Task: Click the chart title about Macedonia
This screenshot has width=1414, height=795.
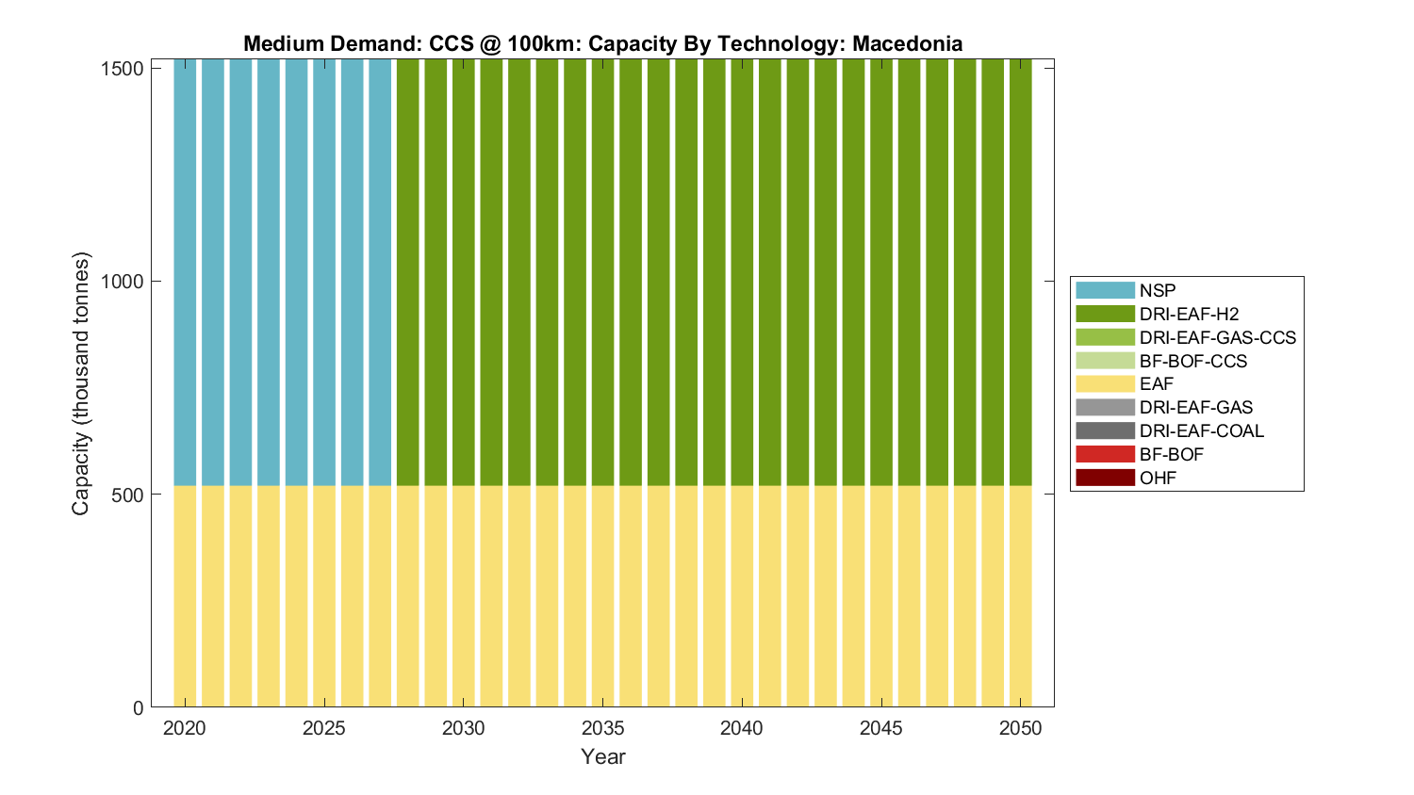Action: pyautogui.click(x=602, y=43)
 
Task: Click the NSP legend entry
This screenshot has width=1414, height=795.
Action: pyautogui.click(x=1157, y=290)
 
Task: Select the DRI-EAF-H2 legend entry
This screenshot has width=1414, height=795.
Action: pyautogui.click(x=1188, y=314)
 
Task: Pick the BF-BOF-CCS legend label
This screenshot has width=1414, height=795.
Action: pyautogui.click(x=1192, y=361)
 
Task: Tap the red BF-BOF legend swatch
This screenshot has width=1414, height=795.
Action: pyautogui.click(x=1105, y=454)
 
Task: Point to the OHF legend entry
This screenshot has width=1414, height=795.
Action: pyautogui.click(x=1158, y=478)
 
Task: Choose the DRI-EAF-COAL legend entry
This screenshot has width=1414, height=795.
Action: pyautogui.click(x=1201, y=430)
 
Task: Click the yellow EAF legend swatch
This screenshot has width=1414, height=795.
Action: pyautogui.click(x=1105, y=383)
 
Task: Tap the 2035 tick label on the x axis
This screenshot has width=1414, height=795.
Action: pyautogui.click(x=602, y=728)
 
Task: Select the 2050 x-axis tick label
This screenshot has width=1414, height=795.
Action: pyautogui.click(x=1020, y=728)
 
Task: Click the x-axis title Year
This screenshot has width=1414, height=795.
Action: pyautogui.click(x=602, y=756)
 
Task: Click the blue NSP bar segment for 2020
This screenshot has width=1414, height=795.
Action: pyautogui.click(x=185, y=273)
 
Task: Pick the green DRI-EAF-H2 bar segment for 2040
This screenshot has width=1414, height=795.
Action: pyautogui.click(x=742, y=273)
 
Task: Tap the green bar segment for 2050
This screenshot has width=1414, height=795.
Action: pyautogui.click(x=1020, y=273)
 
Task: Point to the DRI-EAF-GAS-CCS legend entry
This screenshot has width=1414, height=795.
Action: pyautogui.click(x=1217, y=337)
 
